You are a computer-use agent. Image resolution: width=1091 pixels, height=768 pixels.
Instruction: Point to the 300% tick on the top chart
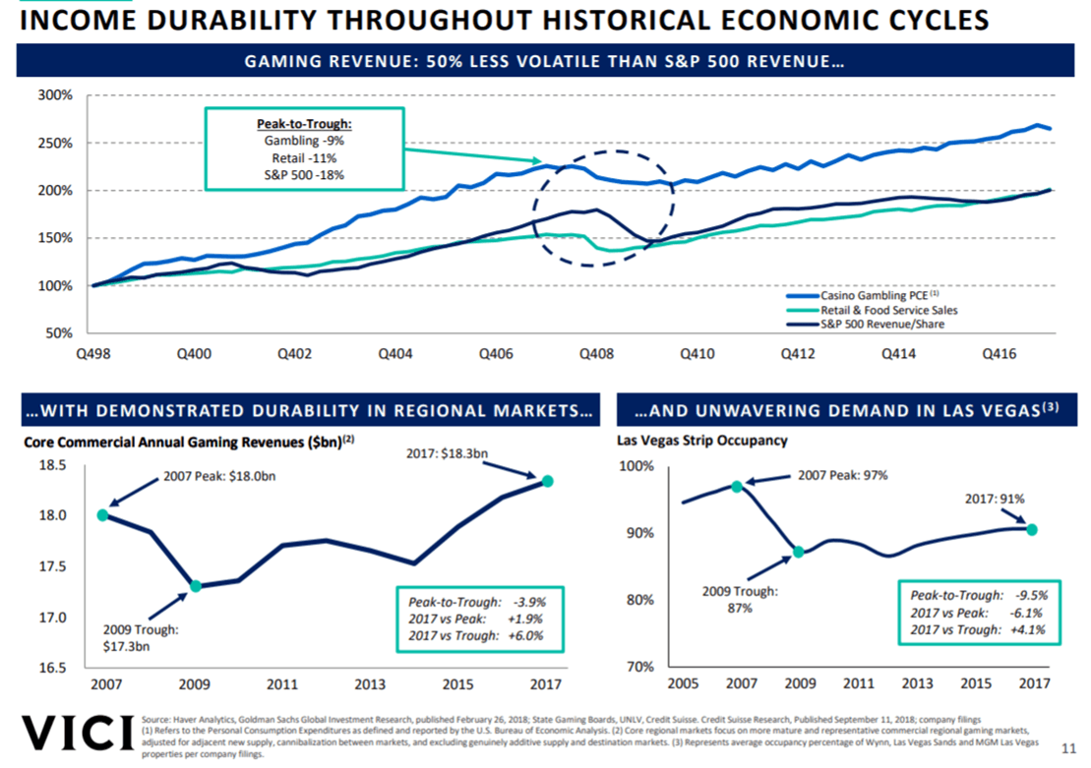(x=55, y=95)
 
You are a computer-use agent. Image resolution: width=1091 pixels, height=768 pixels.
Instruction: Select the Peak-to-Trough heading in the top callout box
(x=303, y=125)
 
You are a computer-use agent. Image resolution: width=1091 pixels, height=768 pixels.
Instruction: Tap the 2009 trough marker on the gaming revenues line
(x=196, y=586)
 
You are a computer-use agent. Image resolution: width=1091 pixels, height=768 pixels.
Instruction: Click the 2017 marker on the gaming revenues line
(x=547, y=481)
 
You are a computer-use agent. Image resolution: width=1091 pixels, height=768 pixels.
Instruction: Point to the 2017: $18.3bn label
(x=447, y=453)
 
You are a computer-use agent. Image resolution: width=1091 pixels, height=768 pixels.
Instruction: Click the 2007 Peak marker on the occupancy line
(x=737, y=486)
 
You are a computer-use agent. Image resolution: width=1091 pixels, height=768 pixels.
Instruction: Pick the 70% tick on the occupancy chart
(x=640, y=666)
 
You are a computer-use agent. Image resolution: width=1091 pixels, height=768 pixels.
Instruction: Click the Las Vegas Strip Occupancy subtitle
(x=701, y=441)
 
